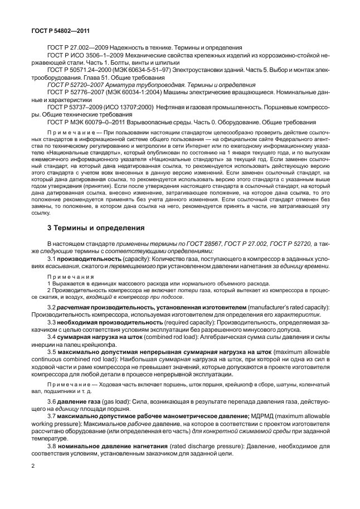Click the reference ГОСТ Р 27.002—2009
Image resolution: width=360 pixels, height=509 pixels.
pos(75,48)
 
